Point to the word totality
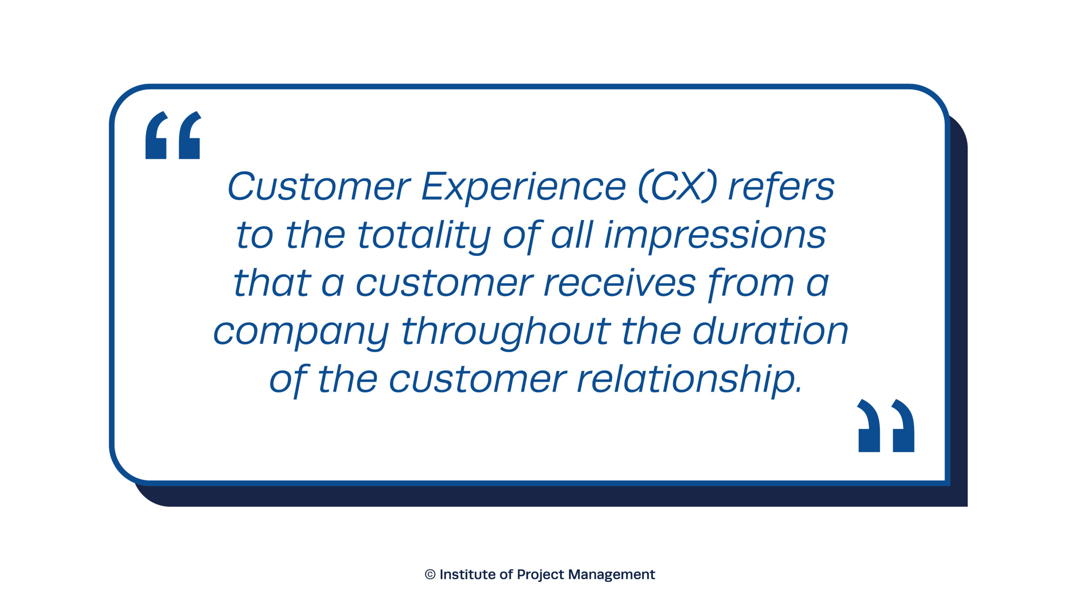[424, 236]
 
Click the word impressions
[715, 236]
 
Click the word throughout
[506, 332]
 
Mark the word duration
[770, 331]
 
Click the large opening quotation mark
[173, 135]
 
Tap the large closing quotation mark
[886, 425]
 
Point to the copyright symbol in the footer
[430, 575]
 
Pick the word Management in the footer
[611, 575]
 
